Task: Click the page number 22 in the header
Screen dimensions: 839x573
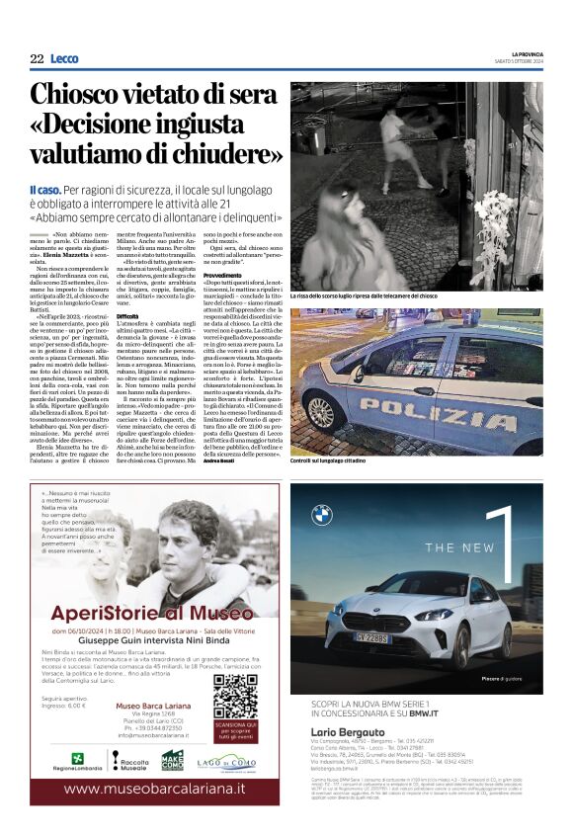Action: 37,59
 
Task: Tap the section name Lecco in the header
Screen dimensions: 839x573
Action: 64,59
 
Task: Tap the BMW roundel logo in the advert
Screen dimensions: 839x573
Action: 321,514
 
